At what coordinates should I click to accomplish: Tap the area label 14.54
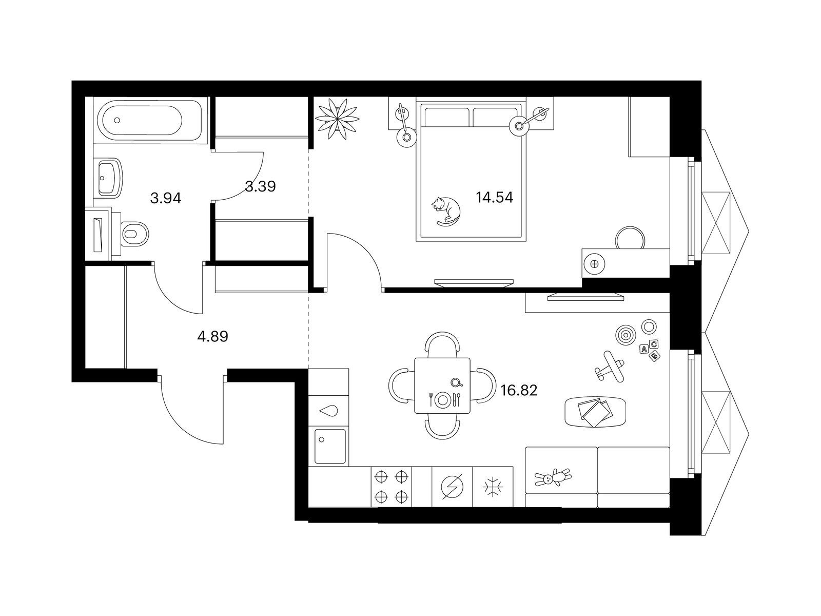494,197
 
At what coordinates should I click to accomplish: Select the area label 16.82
519,391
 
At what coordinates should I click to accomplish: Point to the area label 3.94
166,198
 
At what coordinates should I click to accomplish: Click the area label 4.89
212,337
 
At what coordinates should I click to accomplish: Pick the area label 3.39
260,186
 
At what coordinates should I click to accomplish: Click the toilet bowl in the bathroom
134,235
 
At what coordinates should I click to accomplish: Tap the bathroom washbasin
110,178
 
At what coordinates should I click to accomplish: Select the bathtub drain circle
117,121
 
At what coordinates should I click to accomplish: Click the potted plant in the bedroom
337,119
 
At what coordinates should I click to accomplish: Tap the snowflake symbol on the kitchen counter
493,487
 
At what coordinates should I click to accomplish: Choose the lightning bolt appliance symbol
452,487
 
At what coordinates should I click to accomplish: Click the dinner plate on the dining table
443,400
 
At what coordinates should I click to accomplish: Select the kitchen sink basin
330,446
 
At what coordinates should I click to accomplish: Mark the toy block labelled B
654,356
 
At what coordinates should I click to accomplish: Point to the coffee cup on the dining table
456,382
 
